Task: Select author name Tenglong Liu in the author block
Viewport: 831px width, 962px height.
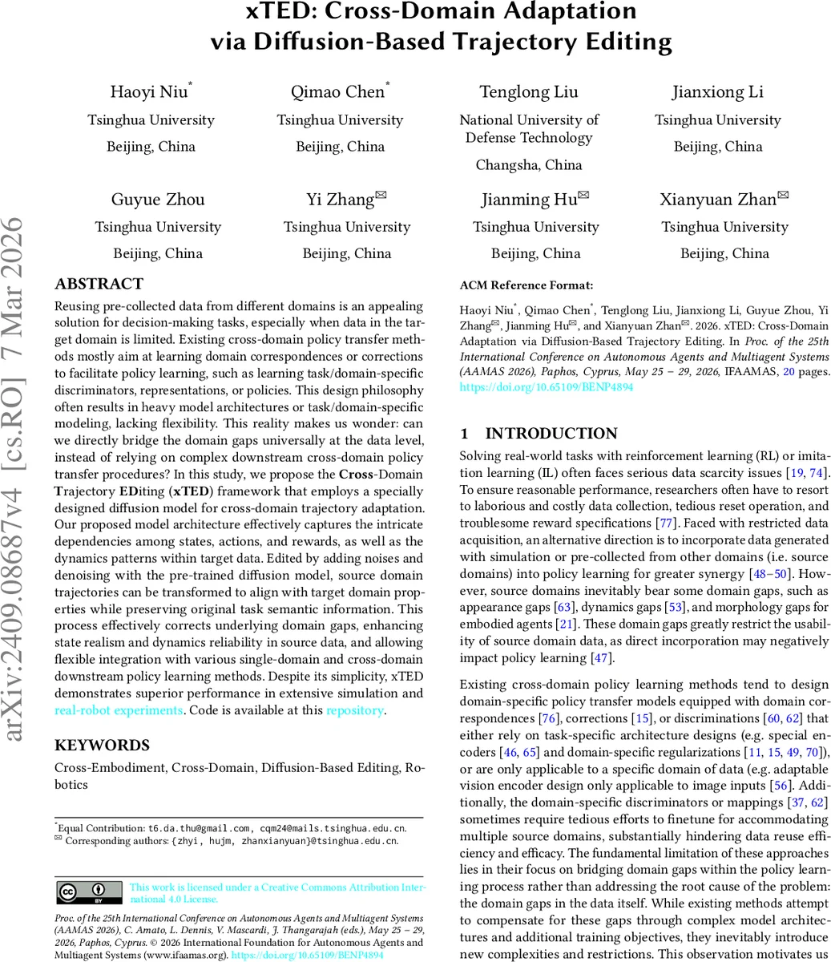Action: [528, 91]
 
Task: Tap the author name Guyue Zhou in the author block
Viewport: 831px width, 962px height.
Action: [158, 200]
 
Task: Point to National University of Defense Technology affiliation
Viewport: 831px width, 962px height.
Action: [529, 128]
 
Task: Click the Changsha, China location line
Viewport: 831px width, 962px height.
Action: [529, 165]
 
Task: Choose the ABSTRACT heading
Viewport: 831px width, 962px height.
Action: [99, 284]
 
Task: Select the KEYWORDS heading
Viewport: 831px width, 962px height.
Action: [102, 745]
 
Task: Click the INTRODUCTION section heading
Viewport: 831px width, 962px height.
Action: [551, 434]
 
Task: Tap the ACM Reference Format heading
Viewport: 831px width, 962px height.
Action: [526, 285]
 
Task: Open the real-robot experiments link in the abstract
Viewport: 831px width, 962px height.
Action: [119, 710]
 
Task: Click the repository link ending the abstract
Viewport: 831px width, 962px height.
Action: [355, 710]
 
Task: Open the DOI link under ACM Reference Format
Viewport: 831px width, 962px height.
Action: [546, 386]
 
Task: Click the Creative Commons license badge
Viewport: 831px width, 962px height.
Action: [89, 892]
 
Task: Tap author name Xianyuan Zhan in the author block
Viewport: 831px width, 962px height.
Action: [718, 200]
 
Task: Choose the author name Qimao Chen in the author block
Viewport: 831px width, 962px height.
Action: [337, 91]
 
